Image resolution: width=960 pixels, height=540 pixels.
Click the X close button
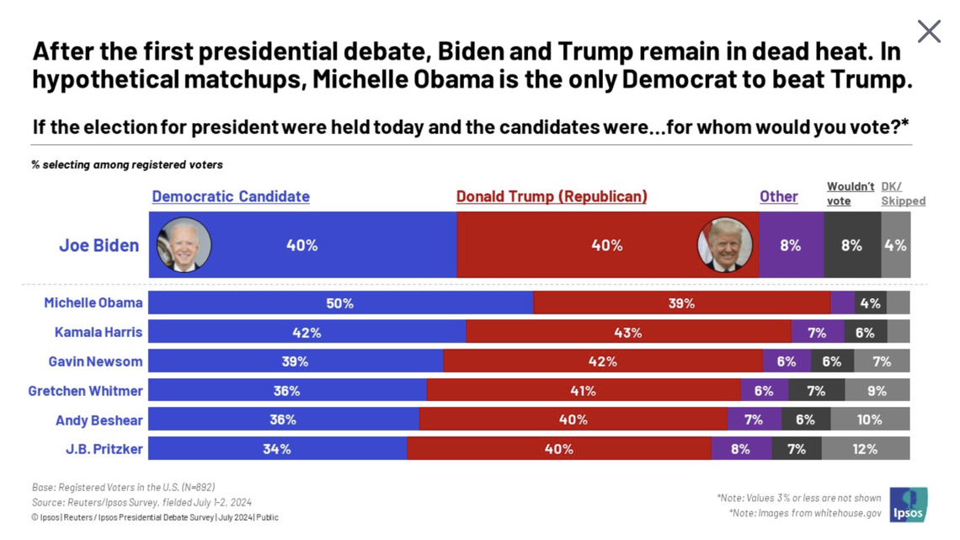[928, 31]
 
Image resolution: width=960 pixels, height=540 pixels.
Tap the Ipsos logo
[908, 504]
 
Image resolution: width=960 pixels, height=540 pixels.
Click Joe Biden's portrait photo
[184, 244]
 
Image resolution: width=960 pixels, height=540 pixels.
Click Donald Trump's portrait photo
[725, 245]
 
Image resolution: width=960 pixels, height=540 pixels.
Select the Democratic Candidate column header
[231, 196]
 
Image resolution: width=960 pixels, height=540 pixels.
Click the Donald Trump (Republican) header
[552, 196]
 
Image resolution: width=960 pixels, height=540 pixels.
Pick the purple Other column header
[778, 196]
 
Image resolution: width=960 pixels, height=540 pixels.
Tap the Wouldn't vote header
[850, 194]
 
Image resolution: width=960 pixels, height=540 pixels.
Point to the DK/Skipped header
[903, 194]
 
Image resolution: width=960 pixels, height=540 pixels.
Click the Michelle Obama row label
[93, 302]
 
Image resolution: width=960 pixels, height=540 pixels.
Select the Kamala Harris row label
[99, 332]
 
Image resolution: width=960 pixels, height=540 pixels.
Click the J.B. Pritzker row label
[104, 449]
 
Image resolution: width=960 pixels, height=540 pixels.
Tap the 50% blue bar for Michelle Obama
[340, 303]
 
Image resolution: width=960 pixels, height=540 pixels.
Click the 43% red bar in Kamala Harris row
[627, 332]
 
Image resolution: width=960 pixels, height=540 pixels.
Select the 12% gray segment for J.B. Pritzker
[865, 449]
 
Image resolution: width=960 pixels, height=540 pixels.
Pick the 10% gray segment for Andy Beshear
[869, 420]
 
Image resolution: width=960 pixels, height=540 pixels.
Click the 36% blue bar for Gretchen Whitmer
[286, 390]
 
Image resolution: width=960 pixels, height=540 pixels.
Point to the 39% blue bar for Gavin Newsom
[295, 361]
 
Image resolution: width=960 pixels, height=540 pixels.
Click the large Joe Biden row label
[99, 245]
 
